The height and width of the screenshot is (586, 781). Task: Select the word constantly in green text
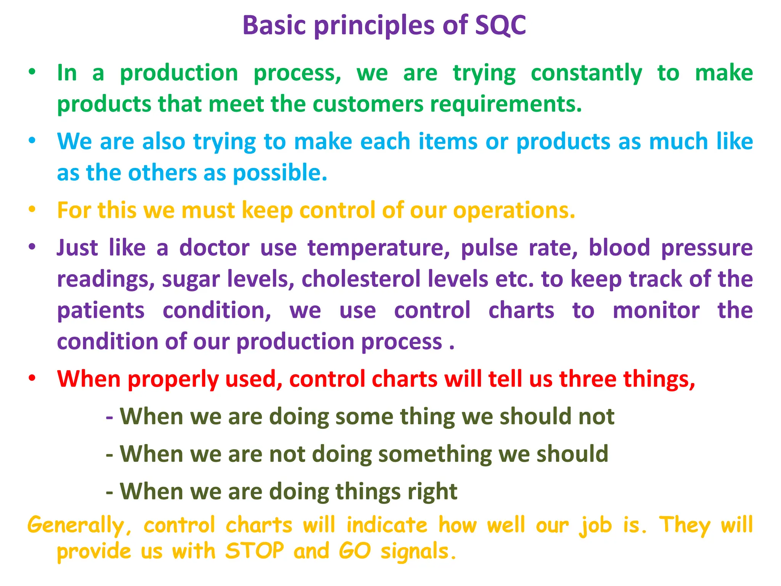(586, 73)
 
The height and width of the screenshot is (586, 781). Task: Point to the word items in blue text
(448, 142)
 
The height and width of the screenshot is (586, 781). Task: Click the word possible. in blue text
(280, 173)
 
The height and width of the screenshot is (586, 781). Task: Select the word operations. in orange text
(514, 211)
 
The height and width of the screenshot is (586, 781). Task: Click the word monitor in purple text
(656, 310)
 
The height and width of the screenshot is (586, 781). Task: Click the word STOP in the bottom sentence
(254, 551)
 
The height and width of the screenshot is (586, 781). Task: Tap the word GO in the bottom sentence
(354, 551)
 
